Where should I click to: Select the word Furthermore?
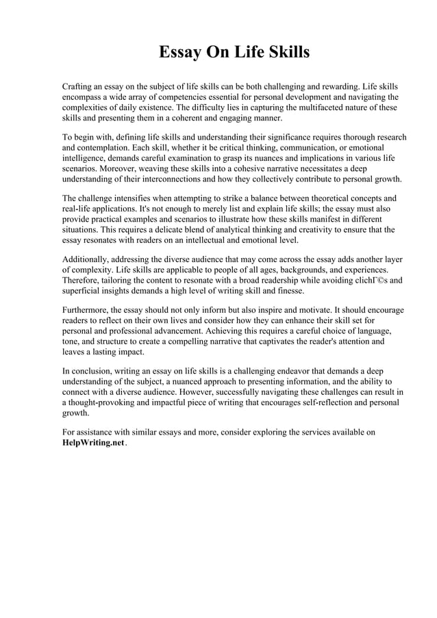coord(87,310)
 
